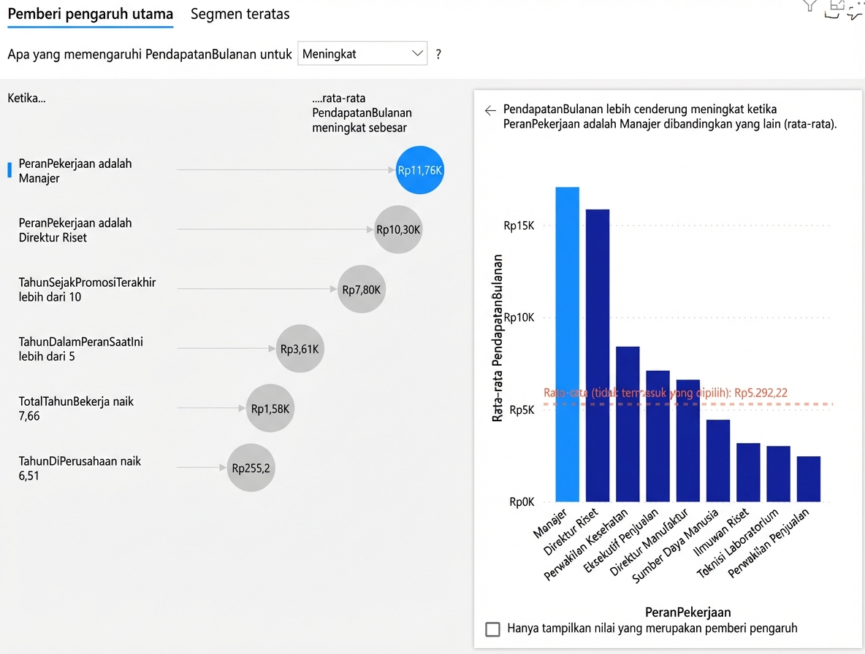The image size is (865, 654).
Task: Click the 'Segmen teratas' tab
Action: pyautogui.click(x=240, y=15)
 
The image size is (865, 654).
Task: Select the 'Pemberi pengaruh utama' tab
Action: pyautogui.click(x=91, y=15)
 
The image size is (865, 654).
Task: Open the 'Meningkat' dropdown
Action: pyautogui.click(x=362, y=54)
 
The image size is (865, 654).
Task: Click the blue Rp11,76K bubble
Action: pyautogui.click(x=420, y=171)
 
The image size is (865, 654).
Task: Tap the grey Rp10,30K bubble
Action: pyautogui.click(x=398, y=230)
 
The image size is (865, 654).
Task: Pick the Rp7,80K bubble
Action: pyautogui.click(x=362, y=290)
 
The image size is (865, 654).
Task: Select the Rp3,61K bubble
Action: pyautogui.click(x=300, y=349)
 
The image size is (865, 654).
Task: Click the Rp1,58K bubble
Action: pyautogui.click(x=270, y=409)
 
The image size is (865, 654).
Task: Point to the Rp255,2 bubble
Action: pyautogui.click(x=251, y=468)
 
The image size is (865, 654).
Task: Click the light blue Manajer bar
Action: pyautogui.click(x=567, y=345)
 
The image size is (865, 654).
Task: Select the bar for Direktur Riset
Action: pyautogui.click(x=598, y=355)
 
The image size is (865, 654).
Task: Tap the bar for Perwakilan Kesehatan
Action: pyautogui.click(x=628, y=424)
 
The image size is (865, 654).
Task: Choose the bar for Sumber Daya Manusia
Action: pyautogui.click(x=717, y=461)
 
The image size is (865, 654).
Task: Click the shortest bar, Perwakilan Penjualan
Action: pyautogui.click(x=808, y=479)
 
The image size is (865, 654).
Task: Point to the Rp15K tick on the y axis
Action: pyautogui.click(x=519, y=226)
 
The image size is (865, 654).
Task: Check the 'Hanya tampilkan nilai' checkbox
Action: pyautogui.click(x=493, y=628)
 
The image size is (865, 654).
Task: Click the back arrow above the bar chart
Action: pyautogui.click(x=490, y=110)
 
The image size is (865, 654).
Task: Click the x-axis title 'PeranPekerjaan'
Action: pyautogui.click(x=687, y=612)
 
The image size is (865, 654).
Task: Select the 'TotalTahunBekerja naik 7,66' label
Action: pyautogui.click(x=76, y=409)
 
